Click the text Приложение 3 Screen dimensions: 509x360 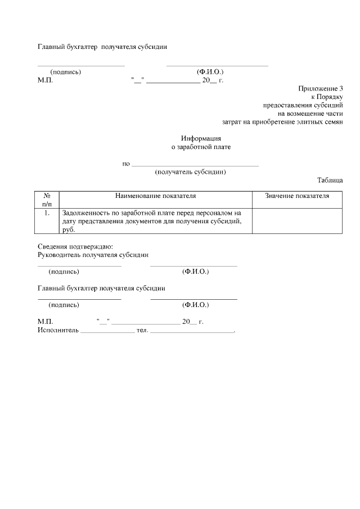click(x=320, y=89)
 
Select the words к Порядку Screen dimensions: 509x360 click(x=327, y=97)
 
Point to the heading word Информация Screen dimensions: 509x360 click(x=201, y=138)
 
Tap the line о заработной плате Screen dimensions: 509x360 click(x=201, y=147)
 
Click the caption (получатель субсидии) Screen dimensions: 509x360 click(x=190, y=172)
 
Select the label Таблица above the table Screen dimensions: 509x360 click(x=330, y=181)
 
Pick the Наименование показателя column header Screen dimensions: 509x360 click(x=155, y=196)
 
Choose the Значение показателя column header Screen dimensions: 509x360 click(x=297, y=196)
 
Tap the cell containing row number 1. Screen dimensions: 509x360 click(x=47, y=213)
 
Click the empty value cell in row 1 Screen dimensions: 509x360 click(x=297, y=221)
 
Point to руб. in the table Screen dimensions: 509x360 click(x=69, y=229)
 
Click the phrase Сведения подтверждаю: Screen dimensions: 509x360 click(x=75, y=246)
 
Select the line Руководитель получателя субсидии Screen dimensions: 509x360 click(x=93, y=255)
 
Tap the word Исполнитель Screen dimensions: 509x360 click(x=58, y=330)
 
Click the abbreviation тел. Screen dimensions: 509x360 click(x=142, y=330)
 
